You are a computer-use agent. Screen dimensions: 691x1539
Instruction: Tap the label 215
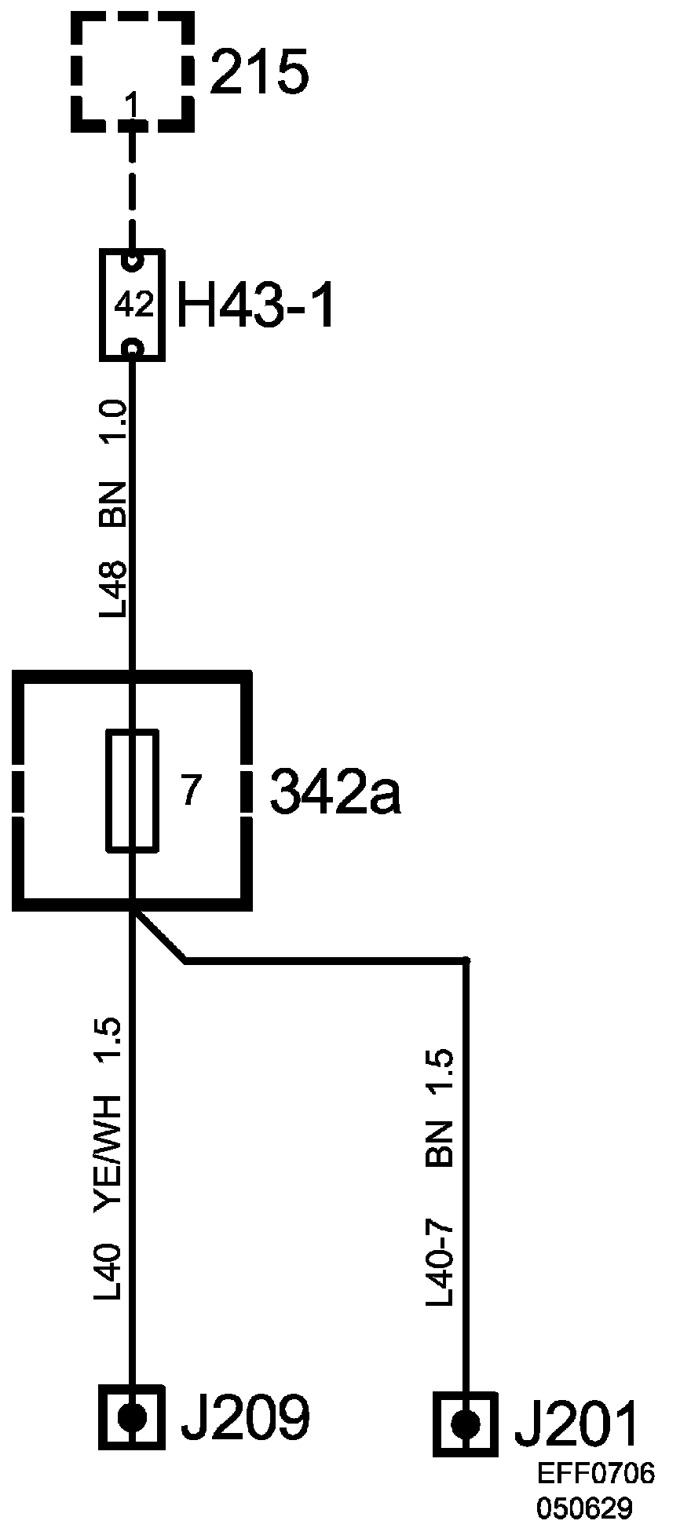[x=259, y=73]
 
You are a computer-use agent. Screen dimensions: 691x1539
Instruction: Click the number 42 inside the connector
[x=133, y=305]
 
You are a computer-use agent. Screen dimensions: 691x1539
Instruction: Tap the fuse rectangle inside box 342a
[x=133, y=790]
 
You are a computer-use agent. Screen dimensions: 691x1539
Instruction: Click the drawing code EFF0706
[x=596, y=1473]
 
